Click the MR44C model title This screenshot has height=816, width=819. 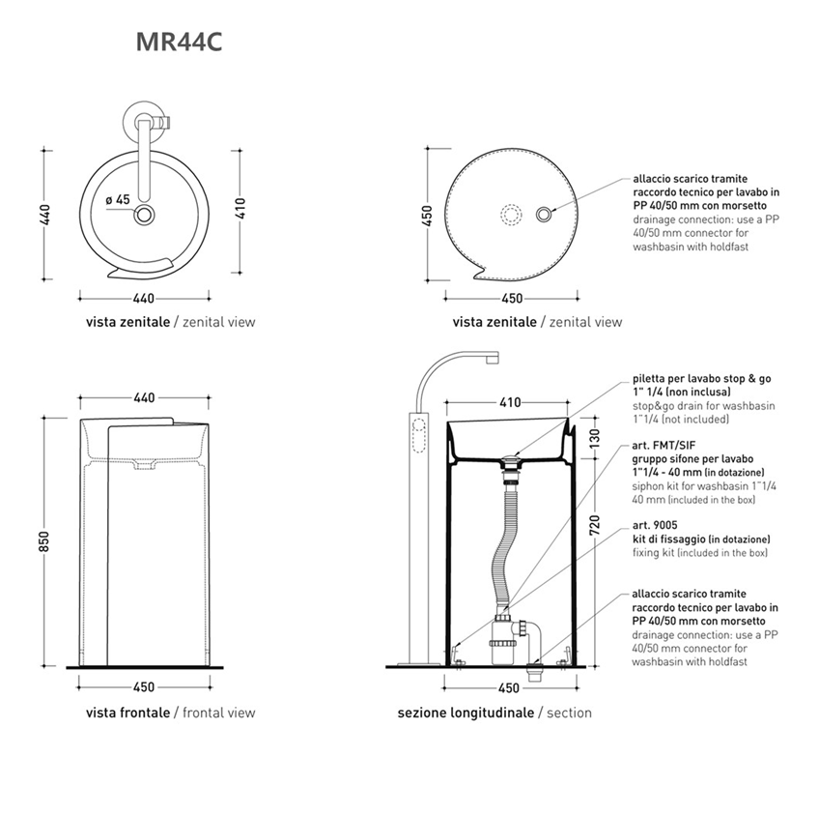(180, 43)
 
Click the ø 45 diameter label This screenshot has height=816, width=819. (117, 200)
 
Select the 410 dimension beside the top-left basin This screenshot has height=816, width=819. (240, 208)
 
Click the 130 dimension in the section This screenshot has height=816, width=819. (594, 439)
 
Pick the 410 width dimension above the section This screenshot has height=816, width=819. (510, 402)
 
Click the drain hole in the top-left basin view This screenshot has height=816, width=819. (143, 215)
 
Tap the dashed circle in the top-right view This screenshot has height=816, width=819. (511, 215)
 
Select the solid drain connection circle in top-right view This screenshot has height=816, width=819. (544, 214)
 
